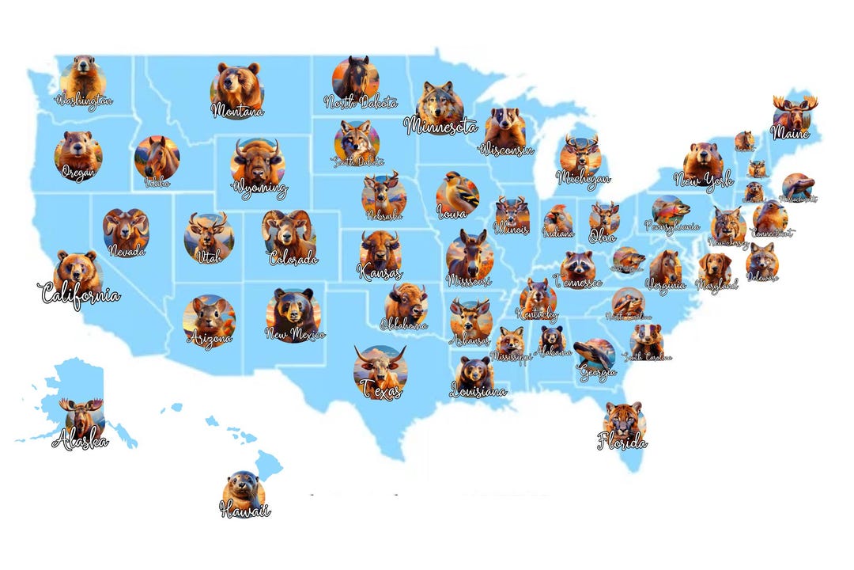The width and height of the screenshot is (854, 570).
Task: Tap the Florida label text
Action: (x=622, y=442)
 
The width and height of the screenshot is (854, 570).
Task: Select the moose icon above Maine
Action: (x=794, y=113)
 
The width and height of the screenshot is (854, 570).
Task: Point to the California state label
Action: (x=79, y=296)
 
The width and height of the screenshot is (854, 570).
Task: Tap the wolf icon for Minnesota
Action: (x=440, y=103)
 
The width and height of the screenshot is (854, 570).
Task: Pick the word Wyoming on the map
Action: (x=259, y=190)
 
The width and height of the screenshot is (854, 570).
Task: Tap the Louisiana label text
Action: (x=478, y=391)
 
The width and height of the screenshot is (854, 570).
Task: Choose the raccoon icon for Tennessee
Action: (x=578, y=266)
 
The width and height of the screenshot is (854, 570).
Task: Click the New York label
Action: (x=703, y=181)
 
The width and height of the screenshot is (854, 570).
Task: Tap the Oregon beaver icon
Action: (x=77, y=152)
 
